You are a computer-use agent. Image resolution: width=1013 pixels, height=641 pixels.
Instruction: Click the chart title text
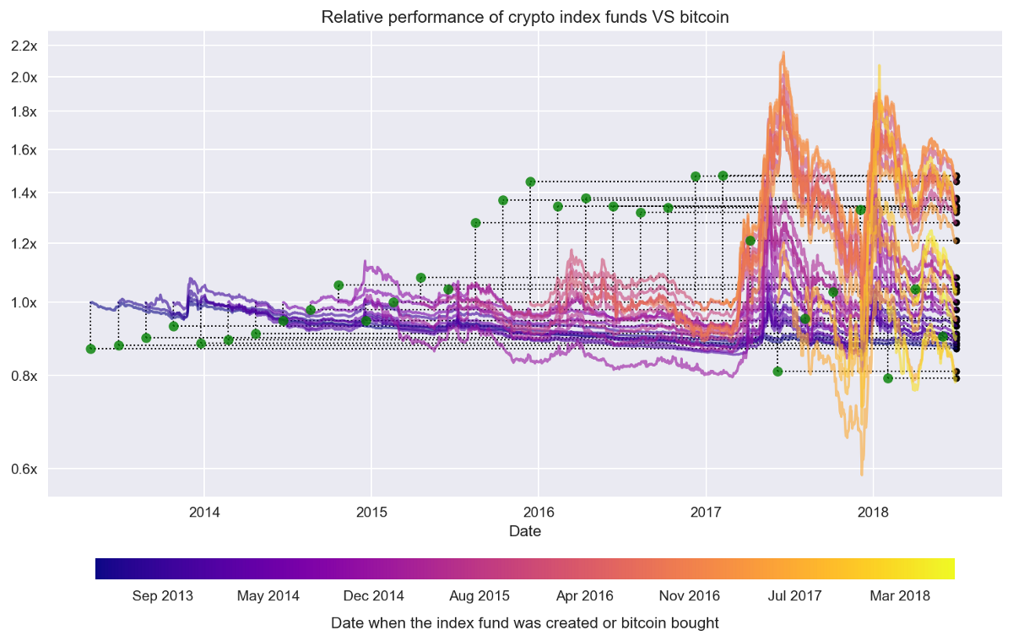pos(525,17)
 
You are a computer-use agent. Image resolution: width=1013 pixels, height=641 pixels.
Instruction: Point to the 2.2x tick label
pos(24,45)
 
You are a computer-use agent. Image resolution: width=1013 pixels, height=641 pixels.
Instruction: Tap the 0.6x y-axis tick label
pos(24,469)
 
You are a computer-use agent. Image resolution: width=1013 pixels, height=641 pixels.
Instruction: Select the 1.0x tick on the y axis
pos(24,301)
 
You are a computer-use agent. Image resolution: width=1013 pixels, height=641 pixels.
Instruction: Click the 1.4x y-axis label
pos(24,193)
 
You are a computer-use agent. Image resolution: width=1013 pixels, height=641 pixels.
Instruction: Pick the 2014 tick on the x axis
pos(203,511)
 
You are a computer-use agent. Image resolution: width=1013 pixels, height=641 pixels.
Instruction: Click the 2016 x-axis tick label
pos(538,511)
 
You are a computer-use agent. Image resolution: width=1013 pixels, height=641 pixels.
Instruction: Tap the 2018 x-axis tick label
pos(872,511)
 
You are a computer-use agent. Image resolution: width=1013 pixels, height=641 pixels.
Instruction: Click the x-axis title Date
pos(525,531)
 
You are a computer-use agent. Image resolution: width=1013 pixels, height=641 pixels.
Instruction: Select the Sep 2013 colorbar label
pos(163,596)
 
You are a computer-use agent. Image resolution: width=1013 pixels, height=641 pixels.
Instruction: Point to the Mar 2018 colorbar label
pos(900,596)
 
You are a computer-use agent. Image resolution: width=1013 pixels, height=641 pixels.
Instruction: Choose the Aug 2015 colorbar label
pos(479,596)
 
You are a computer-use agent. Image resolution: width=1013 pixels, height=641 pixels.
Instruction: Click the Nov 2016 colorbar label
pos(690,596)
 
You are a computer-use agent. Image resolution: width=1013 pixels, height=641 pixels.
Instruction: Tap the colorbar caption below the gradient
pos(525,623)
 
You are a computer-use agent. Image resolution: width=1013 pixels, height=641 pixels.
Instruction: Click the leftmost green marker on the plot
pos(91,349)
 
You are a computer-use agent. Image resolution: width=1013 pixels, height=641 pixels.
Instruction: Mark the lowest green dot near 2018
pos(888,378)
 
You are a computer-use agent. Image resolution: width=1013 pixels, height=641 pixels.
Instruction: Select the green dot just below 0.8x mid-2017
pos(777,372)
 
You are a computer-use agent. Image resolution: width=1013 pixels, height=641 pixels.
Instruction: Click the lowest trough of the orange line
pos(862,475)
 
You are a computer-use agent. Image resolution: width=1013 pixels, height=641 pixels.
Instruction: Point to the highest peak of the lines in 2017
pos(784,52)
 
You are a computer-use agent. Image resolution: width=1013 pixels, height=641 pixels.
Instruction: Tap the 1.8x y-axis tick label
pos(24,111)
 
